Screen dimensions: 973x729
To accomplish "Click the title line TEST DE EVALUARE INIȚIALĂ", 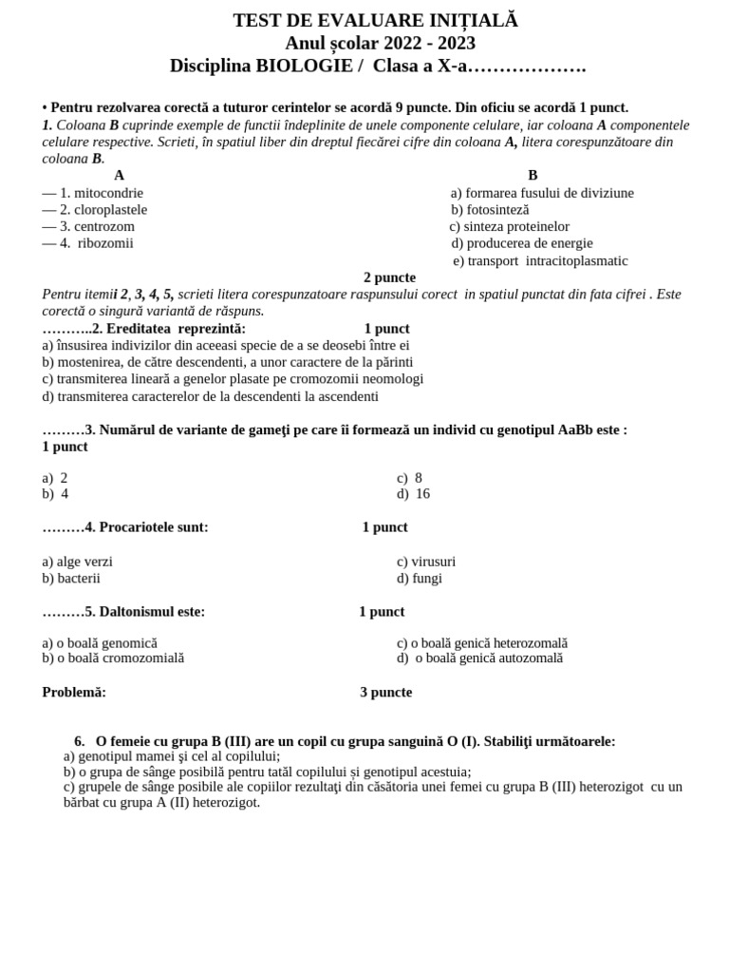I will (x=375, y=20).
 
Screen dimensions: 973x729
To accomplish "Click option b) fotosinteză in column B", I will (x=490, y=209).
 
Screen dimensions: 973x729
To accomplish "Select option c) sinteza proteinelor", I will (x=509, y=226).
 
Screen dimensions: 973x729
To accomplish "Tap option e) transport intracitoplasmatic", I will (x=540, y=260).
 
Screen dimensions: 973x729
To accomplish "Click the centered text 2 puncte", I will (x=389, y=277).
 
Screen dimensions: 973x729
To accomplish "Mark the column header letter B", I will (x=533, y=176).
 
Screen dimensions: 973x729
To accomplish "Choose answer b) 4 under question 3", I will (x=55, y=494).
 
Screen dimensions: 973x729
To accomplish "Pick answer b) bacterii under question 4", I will (x=71, y=578).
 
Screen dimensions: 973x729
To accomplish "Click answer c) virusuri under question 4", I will (x=426, y=562).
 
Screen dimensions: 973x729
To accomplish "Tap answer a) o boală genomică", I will (x=100, y=643).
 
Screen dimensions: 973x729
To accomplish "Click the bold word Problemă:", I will (x=74, y=693).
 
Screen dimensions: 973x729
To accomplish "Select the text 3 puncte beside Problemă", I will (x=385, y=693).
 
